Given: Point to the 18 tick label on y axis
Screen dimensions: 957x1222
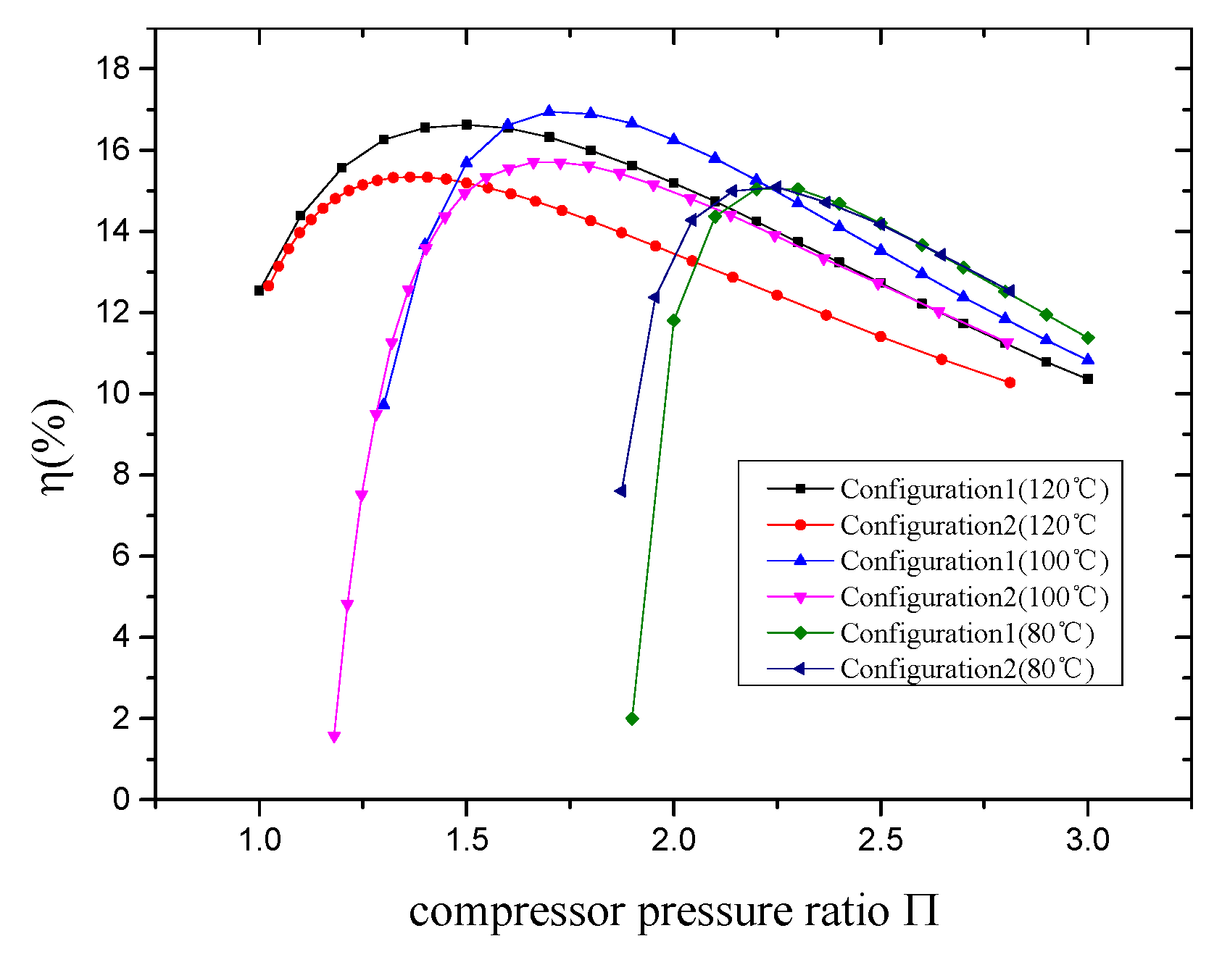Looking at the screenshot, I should click(113, 69).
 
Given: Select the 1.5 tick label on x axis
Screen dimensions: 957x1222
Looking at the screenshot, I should click(466, 840).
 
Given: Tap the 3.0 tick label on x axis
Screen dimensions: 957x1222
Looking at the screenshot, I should click(1087, 840).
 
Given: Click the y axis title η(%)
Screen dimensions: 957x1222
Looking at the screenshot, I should click(57, 446).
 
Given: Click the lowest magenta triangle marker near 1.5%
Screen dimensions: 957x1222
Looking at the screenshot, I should click(334, 737).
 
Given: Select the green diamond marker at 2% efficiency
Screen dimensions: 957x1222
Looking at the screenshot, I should click(632, 719).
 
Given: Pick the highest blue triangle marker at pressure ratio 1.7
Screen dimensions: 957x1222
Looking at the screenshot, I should click(549, 111).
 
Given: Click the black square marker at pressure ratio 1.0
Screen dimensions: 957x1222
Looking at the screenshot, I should click(259, 291).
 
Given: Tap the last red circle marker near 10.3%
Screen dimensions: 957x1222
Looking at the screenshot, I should click(1010, 383).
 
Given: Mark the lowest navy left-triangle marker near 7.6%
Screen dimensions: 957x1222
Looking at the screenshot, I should click(620, 491).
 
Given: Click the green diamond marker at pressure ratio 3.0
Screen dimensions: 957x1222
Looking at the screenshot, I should click(1087, 338).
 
